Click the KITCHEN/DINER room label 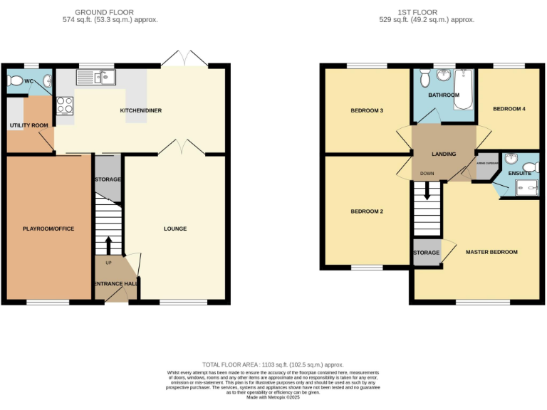coord(140,111)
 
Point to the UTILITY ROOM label coord(28,125)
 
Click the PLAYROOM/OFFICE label coord(48,228)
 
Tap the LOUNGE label coord(175,228)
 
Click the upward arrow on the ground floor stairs coord(108,245)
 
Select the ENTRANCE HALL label coord(115,284)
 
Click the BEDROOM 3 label coord(367,111)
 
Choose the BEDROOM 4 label coord(509,108)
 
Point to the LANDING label coord(444,154)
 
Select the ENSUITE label coord(519,172)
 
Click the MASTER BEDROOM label coord(491,252)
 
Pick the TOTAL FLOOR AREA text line coord(273,364)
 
